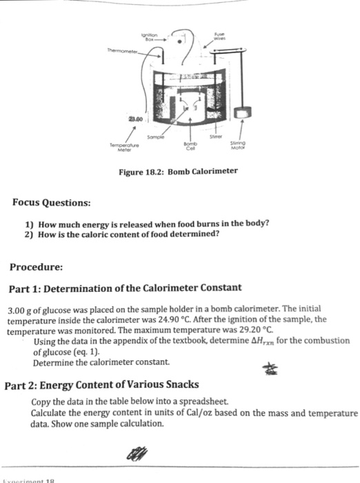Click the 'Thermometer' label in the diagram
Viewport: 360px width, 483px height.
point(121,50)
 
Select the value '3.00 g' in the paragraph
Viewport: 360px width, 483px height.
point(19,310)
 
